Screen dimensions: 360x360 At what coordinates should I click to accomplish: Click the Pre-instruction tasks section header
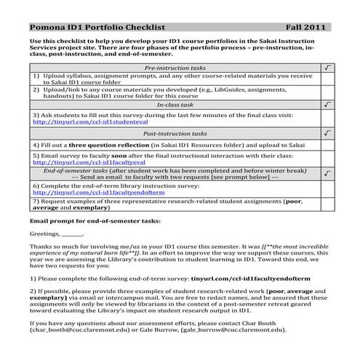(x=175, y=67)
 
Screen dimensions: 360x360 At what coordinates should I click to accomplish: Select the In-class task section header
(x=175, y=105)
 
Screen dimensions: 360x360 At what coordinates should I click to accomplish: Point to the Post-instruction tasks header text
(x=175, y=135)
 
